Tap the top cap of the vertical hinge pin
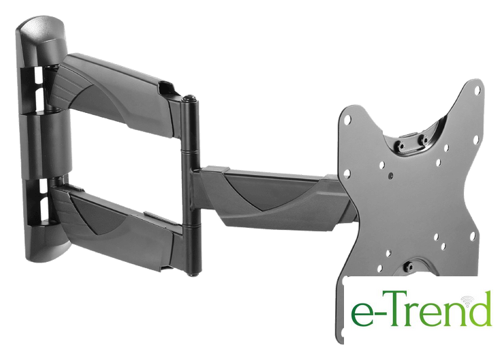190,97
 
